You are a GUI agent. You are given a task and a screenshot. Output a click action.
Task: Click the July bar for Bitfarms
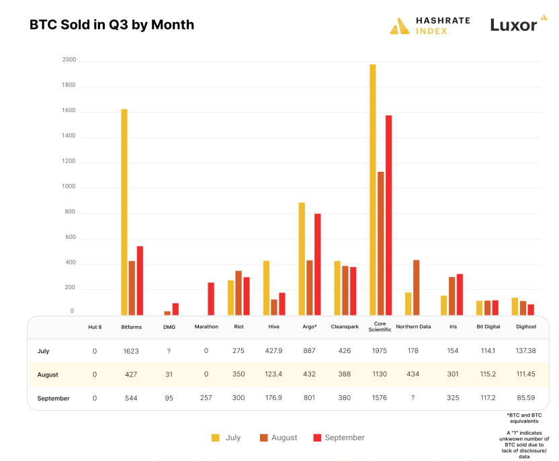(x=124, y=211)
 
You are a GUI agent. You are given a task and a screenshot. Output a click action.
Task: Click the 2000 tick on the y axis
(x=69, y=60)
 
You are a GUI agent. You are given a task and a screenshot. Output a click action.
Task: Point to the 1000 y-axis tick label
(x=69, y=187)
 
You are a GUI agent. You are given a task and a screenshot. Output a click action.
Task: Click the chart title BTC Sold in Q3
(x=112, y=25)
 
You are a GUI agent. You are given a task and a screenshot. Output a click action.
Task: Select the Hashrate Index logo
(x=430, y=25)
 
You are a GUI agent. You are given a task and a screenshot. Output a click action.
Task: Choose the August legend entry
(x=278, y=438)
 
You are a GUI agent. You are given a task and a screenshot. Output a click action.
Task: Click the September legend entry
(x=339, y=438)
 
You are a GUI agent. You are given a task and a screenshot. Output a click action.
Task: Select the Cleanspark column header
(x=345, y=327)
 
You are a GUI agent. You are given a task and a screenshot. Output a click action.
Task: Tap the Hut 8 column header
(x=94, y=327)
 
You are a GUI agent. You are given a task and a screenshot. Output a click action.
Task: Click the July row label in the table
(x=44, y=351)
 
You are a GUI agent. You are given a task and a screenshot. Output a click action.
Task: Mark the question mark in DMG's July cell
(x=169, y=351)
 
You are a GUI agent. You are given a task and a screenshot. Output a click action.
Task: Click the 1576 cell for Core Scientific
(x=380, y=398)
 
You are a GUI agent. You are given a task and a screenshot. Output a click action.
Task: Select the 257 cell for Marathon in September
(x=206, y=398)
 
